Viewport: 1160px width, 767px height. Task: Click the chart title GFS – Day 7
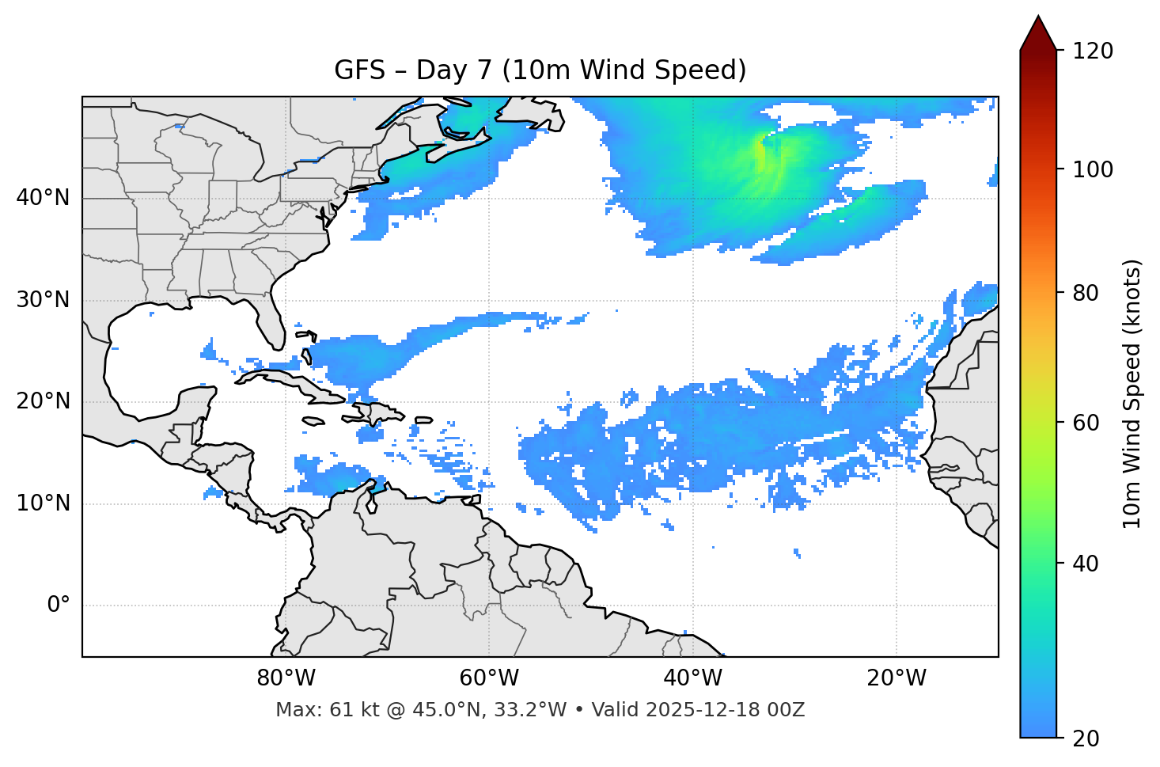[540, 70]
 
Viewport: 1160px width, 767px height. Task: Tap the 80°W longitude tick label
[286, 678]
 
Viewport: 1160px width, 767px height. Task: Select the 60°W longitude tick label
[489, 678]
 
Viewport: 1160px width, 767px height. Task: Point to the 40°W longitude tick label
[692, 678]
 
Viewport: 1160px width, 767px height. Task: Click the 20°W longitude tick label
[896, 678]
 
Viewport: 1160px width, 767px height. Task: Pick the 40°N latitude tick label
[43, 198]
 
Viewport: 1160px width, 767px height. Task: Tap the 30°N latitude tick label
[43, 300]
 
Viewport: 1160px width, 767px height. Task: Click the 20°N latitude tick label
[43, 401]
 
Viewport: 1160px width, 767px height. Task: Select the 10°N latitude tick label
[43, 503]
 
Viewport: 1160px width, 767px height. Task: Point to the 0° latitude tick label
[59, 606]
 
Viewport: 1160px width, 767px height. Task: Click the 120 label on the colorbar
[1092, 51]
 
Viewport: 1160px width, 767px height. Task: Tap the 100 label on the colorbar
[1092, 169]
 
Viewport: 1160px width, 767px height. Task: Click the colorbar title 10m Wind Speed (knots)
[1132, 393]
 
